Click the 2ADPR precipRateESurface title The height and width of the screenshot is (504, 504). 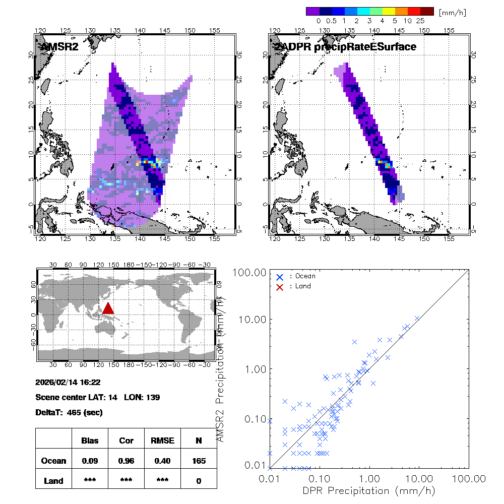click(345, 47)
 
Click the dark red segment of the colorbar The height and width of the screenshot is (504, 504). click(427, 11)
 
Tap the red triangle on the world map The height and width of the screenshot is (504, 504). click(108, 308)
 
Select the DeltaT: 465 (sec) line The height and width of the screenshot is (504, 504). click(69, 412)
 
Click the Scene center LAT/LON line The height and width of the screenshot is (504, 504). click(98, 397)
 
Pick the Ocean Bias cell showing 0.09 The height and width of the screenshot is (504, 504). click(90, 461)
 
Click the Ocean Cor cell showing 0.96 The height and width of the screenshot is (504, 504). click(126, 461)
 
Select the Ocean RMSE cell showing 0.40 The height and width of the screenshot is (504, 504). click(162, 461)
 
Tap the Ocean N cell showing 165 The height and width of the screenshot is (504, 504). click(199, 461)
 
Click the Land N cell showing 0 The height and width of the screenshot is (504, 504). click(199, 481)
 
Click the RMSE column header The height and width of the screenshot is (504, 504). click(162, 440)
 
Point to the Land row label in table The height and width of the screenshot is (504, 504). click(53, 481)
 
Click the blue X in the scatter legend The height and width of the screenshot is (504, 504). click(280, 277)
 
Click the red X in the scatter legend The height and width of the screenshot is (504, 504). click(280, 286)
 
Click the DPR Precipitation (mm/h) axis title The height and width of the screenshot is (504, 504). click(369, 490)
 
